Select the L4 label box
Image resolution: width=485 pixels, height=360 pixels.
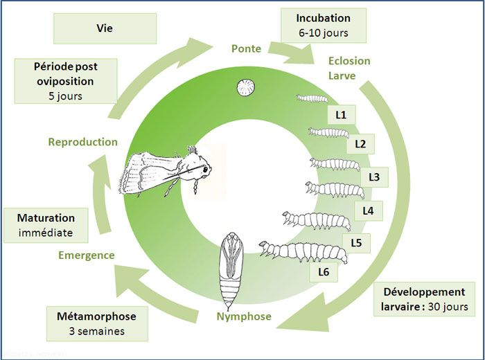click(368, 209)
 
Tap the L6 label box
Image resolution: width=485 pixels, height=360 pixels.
click(324, 272)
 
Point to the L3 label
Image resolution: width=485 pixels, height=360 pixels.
click(374, 177)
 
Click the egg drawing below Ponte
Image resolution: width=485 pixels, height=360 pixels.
click(245, 88)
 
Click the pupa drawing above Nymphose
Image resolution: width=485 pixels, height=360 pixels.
click(229, 271)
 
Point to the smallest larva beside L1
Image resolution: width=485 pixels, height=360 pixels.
click(312, 98)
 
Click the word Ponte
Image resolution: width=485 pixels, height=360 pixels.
click(246, 48)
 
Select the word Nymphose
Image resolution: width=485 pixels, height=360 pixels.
click(243, 318)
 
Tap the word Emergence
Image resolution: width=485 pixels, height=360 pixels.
click(87, 255)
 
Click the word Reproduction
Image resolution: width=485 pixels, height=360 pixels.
click(82, 142)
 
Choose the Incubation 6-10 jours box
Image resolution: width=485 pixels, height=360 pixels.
click(323, 26)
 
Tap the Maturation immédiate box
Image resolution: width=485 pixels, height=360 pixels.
click(46, 226)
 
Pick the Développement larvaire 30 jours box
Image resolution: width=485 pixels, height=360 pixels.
click(425, 298)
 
